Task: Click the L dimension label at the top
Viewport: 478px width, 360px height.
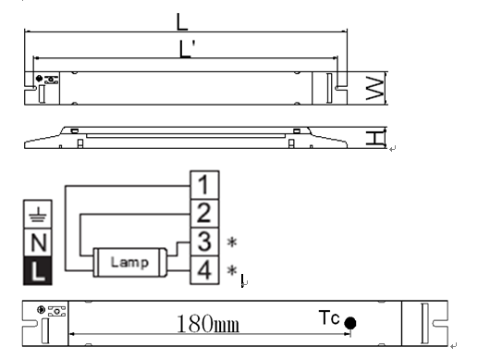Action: (182, 22)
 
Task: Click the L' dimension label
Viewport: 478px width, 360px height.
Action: (187, 49)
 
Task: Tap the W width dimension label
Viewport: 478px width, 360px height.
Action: (375, 88)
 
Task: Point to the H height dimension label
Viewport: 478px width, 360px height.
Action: (375, 138)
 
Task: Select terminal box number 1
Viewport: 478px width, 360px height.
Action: (204, 185)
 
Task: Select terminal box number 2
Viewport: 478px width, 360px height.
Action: (204, 213)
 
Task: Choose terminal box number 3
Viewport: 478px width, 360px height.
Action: (204, 242)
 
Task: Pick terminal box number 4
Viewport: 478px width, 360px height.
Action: (204, 269)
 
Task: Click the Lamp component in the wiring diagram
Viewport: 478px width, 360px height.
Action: (130, 262)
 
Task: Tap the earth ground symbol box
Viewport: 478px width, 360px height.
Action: (38, 215)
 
